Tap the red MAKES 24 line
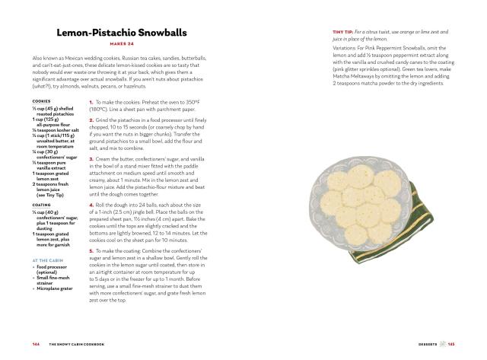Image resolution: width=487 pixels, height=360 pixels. [x=123, y=45]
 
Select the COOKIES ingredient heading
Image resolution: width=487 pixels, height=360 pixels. [x=42, y=101]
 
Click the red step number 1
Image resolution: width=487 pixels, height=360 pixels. [x=91, y=102]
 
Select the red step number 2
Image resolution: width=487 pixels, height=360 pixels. [x=91, y=120]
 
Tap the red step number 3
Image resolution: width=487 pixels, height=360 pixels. [x=91, y=158]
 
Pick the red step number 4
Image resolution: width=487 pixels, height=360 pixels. [x=91, y=204]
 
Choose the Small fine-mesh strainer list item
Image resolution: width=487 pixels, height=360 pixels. [x=54, y=276]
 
